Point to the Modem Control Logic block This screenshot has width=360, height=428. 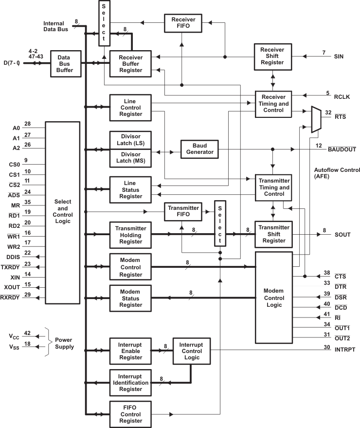tap(274, 297)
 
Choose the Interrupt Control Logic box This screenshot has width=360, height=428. tap(191, 350)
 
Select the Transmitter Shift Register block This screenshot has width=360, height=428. tap(274, 234)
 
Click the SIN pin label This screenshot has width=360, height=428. tap(339, 56)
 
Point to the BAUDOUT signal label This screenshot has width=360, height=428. tap(342, 149)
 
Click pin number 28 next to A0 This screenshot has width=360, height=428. tap(27, 124)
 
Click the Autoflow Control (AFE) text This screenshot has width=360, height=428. tap(337, 174)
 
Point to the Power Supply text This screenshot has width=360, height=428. tap(65, 343)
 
